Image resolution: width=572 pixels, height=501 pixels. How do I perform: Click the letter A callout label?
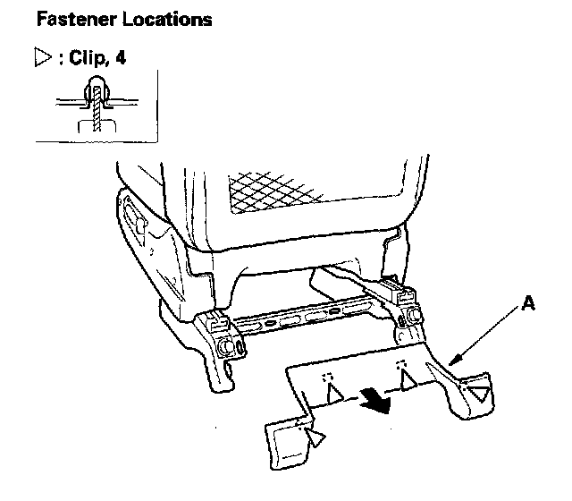click(x=529, y=305)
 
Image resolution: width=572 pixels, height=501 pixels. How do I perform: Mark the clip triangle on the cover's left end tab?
click(x=315, y=437)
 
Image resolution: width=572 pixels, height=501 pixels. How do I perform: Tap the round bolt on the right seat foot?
click(x=416, y=315)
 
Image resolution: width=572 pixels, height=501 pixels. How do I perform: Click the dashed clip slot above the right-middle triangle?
click(x=403, y=365)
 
